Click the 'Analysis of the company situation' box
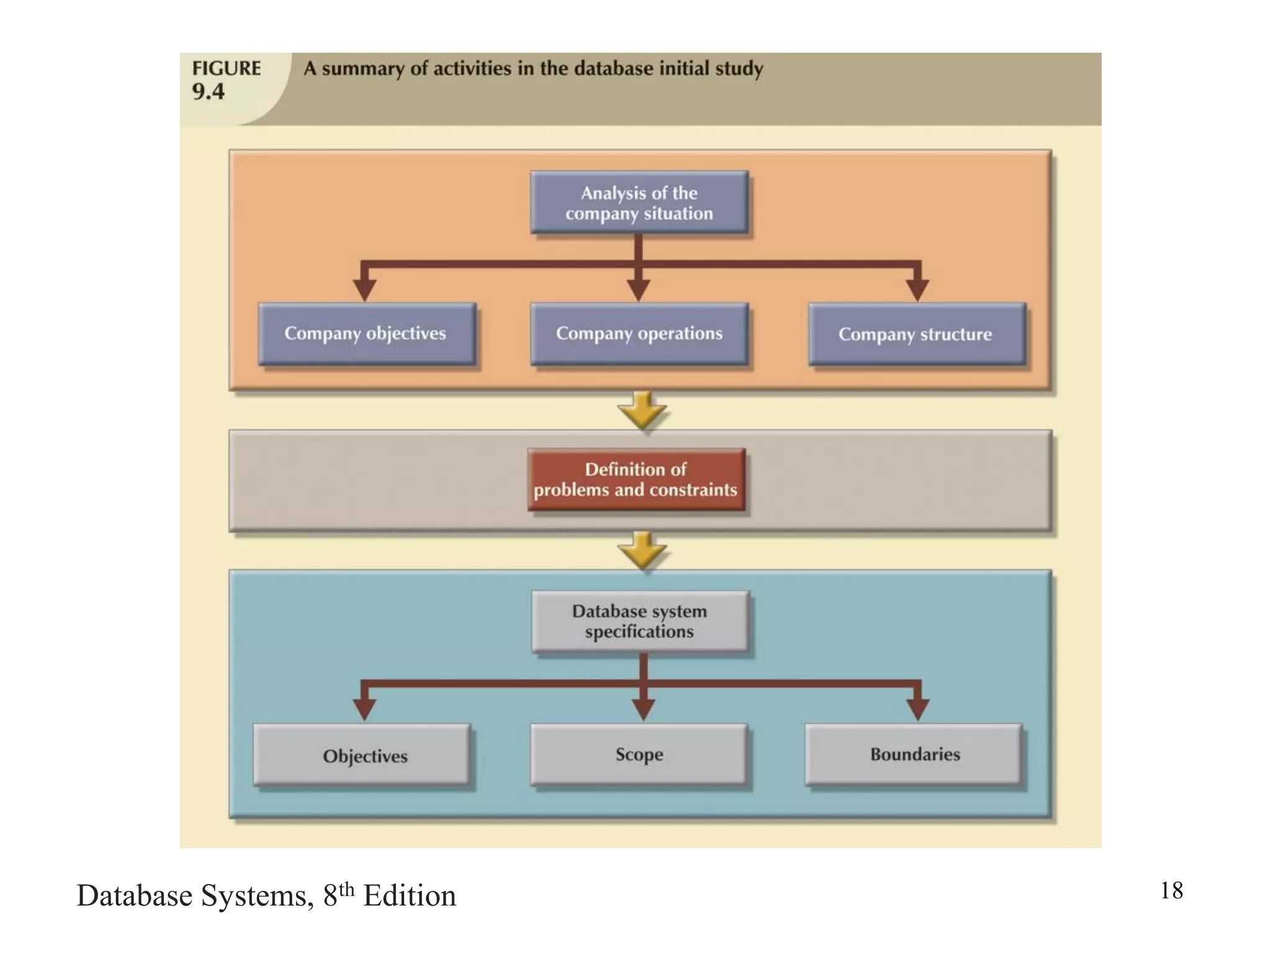pos(639,203)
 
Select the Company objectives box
pos(366,334)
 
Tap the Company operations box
pos(639,334)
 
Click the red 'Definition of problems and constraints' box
pos(635,480)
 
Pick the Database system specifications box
pos(639,621)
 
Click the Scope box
pos(639,754)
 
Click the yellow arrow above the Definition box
pos(642,411)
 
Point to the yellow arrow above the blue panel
pos(642,551)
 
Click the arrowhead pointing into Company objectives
pos(364,289)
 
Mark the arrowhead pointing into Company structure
pos(917,289)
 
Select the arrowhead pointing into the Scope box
pos(644,709)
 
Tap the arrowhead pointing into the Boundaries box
pos(917,709)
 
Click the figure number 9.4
pos(208,92)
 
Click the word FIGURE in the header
pos(227,68)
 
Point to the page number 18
pos(1171,890)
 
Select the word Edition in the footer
pos(410,896)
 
